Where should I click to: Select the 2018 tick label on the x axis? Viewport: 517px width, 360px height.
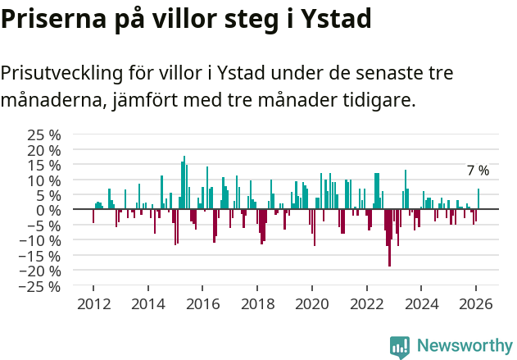point(257,303)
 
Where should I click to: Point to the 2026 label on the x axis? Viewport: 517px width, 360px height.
point(476,303)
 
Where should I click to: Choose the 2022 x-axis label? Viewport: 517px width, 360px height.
point(366,303)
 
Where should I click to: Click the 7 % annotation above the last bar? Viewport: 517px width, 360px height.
point(478,171)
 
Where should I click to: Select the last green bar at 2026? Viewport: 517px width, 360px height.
point(478,199)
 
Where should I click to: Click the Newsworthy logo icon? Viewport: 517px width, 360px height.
point(399,346)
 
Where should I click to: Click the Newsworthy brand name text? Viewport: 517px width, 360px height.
point(464,346)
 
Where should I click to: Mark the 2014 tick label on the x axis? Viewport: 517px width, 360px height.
point(147,303)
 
